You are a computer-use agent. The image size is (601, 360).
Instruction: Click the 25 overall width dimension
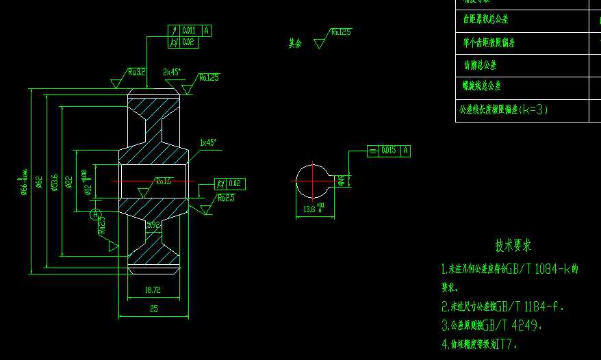click(x=153, y=309)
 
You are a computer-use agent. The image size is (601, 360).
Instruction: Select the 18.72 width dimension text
click(x=153, y=290)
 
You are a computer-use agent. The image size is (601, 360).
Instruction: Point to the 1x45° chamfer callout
click(x=207, y=143)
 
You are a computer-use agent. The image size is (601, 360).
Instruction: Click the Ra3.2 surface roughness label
click(x=136, y=72)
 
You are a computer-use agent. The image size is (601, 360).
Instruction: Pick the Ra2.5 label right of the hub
click(x=226, y=198)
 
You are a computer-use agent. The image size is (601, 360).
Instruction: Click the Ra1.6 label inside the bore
click(x=164, y=181)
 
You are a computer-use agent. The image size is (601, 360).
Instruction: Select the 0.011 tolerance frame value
click(x=189, y=30)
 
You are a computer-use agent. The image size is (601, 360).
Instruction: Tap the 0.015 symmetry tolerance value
click(x=388, y=151)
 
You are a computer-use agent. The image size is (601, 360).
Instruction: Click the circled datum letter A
click(x=96, y=214)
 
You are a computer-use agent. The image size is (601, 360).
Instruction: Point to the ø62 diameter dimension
click(x=40, y=181)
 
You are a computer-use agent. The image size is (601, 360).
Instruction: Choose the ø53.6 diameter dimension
click(x=54, y=183)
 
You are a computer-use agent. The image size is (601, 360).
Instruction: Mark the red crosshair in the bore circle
click(x=311, y=181)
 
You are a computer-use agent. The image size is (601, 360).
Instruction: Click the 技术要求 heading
click(x=513, y=245)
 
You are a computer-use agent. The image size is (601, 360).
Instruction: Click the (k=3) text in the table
click(x=533, y=109)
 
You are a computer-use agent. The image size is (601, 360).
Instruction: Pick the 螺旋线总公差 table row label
click(x=482, y=86)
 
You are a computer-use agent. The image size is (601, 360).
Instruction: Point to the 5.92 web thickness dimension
click(x=153, y=224)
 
